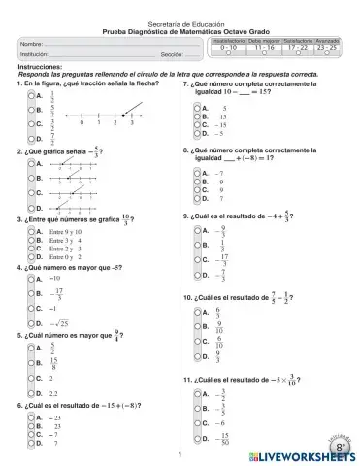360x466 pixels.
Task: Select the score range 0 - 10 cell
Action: (228, 47)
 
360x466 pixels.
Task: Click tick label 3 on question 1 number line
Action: (131, 123)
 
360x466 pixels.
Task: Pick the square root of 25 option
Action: (57, 323)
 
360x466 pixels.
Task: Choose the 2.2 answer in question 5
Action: (53, 393)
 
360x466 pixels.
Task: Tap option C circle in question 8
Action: (197, 190)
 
